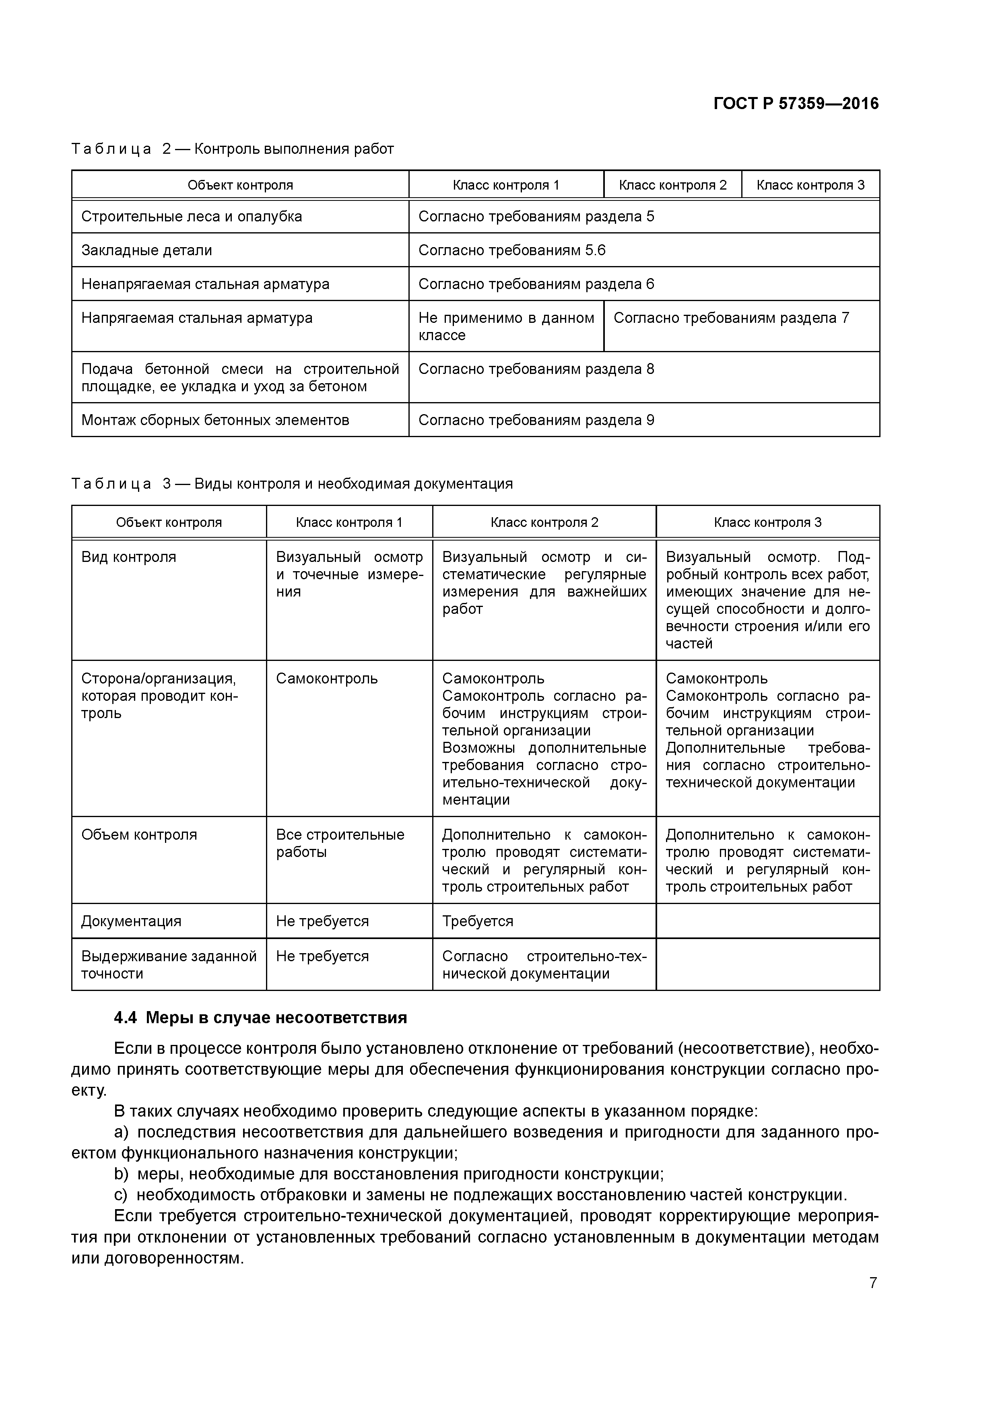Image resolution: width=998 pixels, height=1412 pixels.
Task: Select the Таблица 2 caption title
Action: [x=233, y=149]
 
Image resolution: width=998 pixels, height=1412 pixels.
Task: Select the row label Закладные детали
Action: [x=146, y=250]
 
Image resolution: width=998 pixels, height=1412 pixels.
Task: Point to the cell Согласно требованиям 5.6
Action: [x=511, y=250]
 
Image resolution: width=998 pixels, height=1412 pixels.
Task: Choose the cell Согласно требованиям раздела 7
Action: [x=731, y=318]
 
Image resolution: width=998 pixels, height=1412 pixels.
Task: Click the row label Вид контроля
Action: [x=128, y=557]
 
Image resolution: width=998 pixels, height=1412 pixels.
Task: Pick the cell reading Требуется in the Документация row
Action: [x=477, y=921]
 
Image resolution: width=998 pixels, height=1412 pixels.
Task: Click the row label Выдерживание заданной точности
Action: [x=169, y=964]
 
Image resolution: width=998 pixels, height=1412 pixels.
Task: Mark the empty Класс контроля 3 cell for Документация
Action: [x=767, y=921]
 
